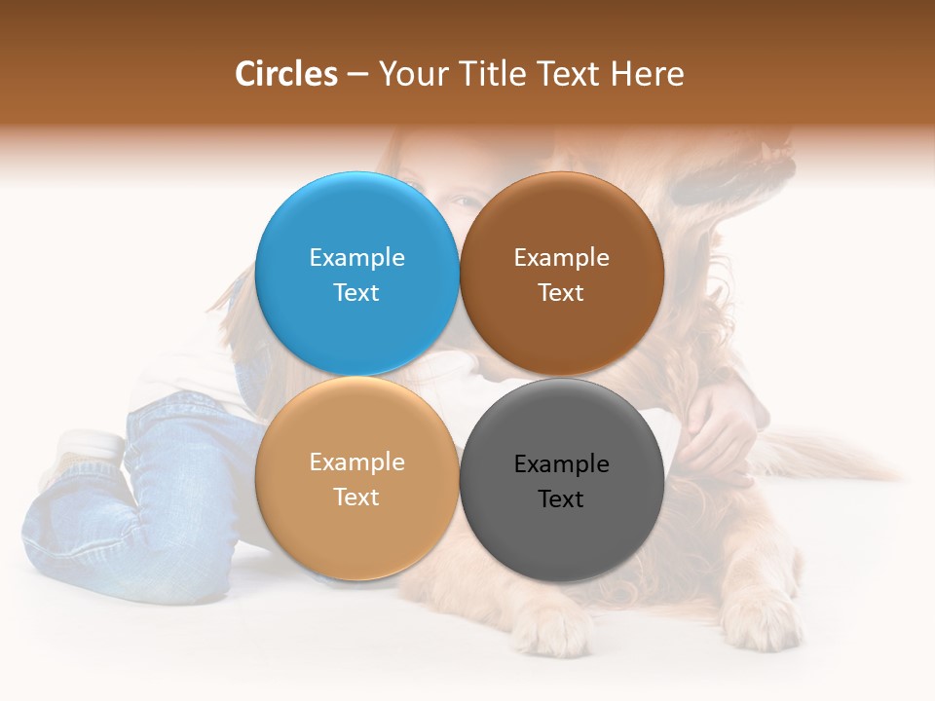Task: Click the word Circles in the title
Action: click(286, 74)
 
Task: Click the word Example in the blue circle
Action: click(356, 257)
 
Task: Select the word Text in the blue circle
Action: click(356, 292)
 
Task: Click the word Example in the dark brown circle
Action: click(561, 257)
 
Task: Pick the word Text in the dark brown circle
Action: click(561, 292)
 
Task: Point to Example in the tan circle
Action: click(356, 461)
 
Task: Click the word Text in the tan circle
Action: click(356, 497)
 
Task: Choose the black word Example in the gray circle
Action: click(561, 463)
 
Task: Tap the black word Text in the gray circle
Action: click(561, 498)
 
